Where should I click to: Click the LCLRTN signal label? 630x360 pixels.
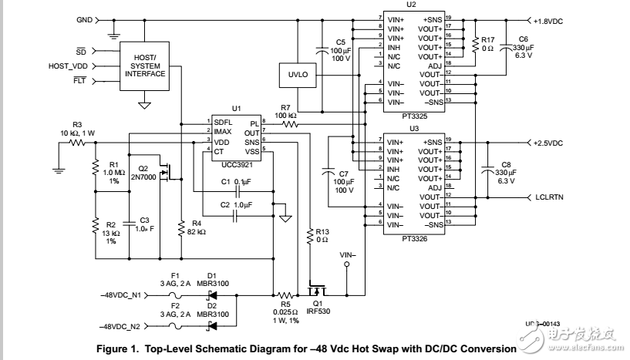point(550,197)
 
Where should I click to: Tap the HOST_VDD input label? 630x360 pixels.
point(69,66)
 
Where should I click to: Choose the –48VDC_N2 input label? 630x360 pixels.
point(122,327)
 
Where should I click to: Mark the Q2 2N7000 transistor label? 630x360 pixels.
point(144,173)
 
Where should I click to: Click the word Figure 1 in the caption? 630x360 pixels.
point(116,349)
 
